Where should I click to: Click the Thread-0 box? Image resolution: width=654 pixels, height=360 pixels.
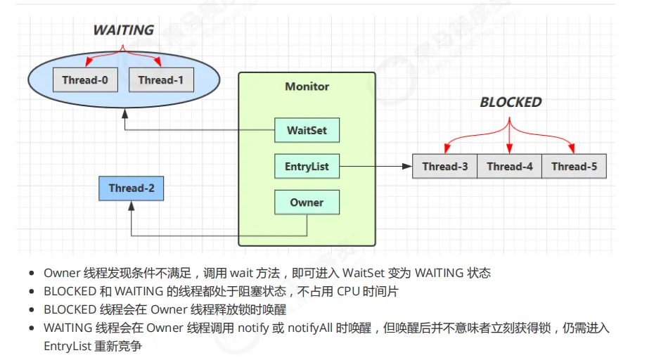85,79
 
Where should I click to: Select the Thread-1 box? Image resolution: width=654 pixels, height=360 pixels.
161,79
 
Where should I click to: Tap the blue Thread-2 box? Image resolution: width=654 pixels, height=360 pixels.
131,188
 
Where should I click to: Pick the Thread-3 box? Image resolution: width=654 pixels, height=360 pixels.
444,166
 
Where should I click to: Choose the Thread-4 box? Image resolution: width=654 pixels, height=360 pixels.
509,166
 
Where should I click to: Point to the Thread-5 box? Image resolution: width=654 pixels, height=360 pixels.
574,166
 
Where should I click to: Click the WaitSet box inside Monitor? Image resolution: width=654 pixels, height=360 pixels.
307,130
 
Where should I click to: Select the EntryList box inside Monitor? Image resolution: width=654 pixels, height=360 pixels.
307,166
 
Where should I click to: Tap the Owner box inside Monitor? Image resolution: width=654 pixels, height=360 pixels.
307,202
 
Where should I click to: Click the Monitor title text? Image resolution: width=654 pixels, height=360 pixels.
307,86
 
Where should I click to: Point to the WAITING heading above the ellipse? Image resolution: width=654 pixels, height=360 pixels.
124,30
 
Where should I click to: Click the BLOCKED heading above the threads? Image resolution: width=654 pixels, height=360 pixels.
511,102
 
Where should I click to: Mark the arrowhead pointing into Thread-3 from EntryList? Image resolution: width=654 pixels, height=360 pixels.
407,166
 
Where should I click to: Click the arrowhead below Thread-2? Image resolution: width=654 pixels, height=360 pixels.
132,205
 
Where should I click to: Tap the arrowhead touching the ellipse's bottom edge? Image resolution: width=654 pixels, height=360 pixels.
124,113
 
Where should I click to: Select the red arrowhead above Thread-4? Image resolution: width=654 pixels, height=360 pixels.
509,149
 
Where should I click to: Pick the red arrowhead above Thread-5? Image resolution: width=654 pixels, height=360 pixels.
572,148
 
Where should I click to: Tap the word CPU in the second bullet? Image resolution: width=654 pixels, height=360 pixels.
348,291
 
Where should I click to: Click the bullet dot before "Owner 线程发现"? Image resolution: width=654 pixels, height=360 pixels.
32,274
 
